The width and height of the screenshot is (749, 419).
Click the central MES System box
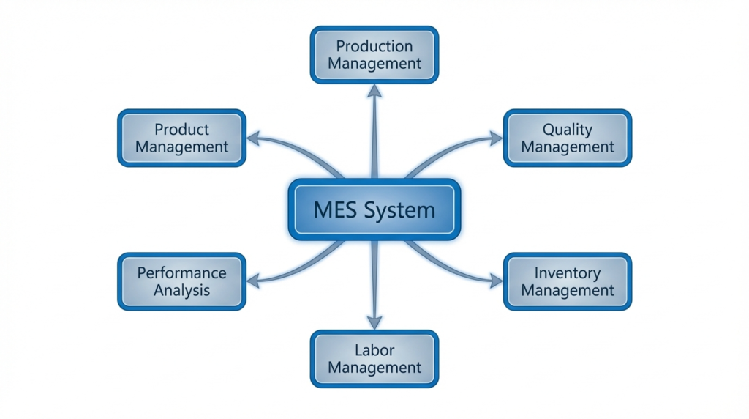click(x=374, y=209)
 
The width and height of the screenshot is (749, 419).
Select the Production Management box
click(x=374, y=54)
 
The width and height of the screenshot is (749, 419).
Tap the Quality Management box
click(x=568, y=138)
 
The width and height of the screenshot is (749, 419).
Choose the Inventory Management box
click(x=568, y=282)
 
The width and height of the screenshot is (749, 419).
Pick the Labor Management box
click(x=374, y=358)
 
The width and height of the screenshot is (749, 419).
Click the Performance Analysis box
click(x=181, y=282)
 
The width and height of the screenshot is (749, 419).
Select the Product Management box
click(x=181, y=138)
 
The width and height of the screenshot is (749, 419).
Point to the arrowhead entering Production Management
click(x=374, y=89)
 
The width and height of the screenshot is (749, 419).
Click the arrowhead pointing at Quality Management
click(x=497, y=138)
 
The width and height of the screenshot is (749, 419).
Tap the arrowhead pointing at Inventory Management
click(x=497, y=281)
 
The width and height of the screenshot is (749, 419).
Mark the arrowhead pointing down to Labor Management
click(x=374, y=323)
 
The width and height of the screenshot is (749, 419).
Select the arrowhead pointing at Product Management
click(x=252, y=137)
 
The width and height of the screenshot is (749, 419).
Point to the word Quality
click(x=568, y=130)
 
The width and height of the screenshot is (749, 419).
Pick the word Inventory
click(x=568, y=273)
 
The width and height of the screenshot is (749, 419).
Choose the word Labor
click(x=374, y=349)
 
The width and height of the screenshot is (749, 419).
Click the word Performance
click(x=181, y=273)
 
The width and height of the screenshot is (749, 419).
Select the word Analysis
click(x=181, y=291)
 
